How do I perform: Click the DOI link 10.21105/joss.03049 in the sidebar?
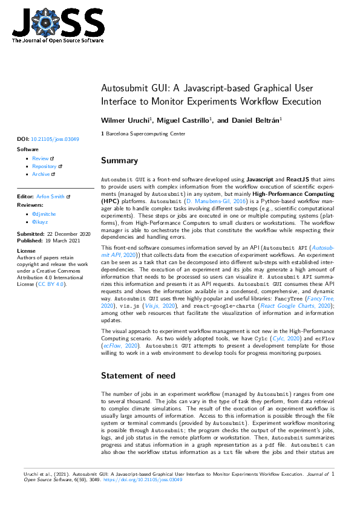[x=54, y=139]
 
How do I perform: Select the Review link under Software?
[x=41, y=158]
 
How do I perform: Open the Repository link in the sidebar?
[x=44, y=166]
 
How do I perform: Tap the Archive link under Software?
[x=41, y=174]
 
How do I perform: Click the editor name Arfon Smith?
[x=51, y=196]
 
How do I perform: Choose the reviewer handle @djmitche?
[x=44, y=214]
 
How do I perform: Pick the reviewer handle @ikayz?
[x=41, y=222]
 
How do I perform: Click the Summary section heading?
[x=119, y=161]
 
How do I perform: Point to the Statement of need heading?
[x=138, y=375]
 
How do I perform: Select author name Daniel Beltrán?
[x=248, y=121]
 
